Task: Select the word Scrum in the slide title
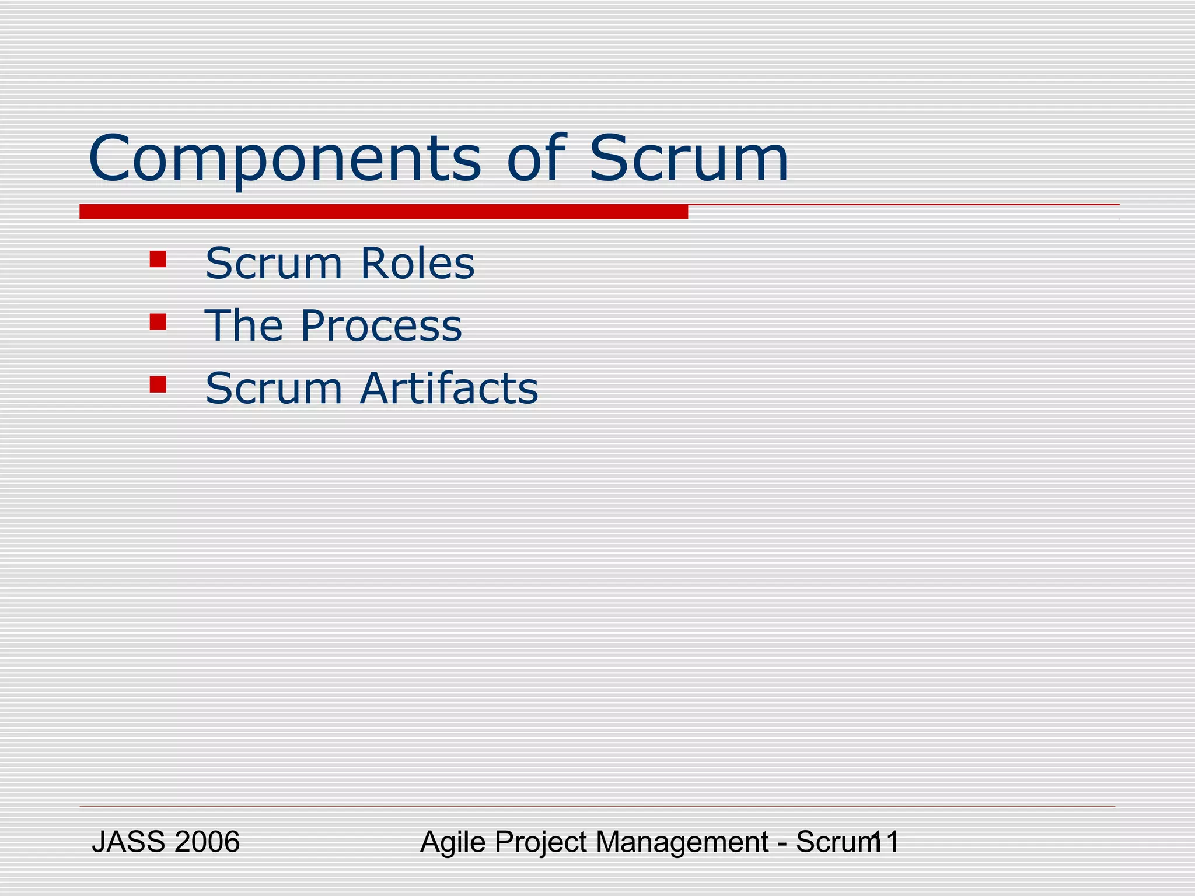pos(689,159)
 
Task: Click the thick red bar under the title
pos(383,212)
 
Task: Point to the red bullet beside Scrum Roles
pos(158,259)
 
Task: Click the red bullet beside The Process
pos(158,322)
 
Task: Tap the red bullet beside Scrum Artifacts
pos(158,384)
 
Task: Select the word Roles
pos(417,264)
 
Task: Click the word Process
pos(380,326)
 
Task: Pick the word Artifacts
pos(449,388)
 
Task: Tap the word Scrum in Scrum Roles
pos(274,264)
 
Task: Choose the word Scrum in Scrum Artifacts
pos(274,388)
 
